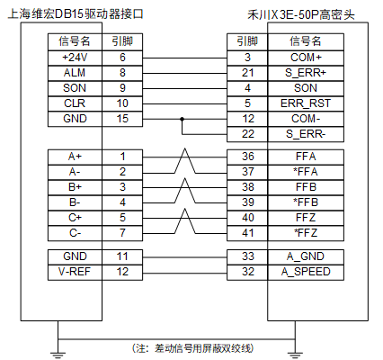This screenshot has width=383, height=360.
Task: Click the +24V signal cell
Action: pyautogui.click(x=75, y=58)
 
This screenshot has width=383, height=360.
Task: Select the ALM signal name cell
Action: pyautogui.click(x=75, y=73)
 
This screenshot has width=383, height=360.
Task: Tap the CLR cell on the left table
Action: pyautogui.click(x=75, y=103)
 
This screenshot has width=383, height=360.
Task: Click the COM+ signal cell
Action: pyautogui.click(x=306, y=58)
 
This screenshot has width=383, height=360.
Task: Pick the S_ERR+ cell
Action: pyautogui.click(x=306, y=73)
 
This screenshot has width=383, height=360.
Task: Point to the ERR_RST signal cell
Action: pyautogui.click(x=306, y=103)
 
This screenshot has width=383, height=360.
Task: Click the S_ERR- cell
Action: pyautogui.click(x=306, y=134)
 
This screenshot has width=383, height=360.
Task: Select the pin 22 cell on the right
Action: pyautogui.click(x=247, y=134)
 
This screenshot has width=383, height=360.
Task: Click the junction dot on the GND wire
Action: pyautogui.click(x=182, y=119)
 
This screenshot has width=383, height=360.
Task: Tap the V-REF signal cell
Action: pyautogui.click(x=75, y=273)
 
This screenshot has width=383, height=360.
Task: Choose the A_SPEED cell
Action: pyautogui.click(x=306, y=273)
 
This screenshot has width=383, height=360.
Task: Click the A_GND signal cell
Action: pyautogui.click(x=306, y=257)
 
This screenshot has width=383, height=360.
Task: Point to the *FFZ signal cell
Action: pyautogui.click(x=306, y=233)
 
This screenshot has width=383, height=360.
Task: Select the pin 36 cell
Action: pyautogui.click(x=247, y=157)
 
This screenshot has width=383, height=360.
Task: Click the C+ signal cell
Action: pyautogui.click(x=75, y=218)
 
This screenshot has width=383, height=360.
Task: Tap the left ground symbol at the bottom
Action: pyautogui.click(x=58, y=355)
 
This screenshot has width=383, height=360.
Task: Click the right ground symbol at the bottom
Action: pyautogui.click(x=295, y=355)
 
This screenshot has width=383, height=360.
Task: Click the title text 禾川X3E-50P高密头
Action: pyautogui.click(x=301, y=14)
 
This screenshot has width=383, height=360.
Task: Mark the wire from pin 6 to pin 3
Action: pyautogui.click(x=184, y=58)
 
